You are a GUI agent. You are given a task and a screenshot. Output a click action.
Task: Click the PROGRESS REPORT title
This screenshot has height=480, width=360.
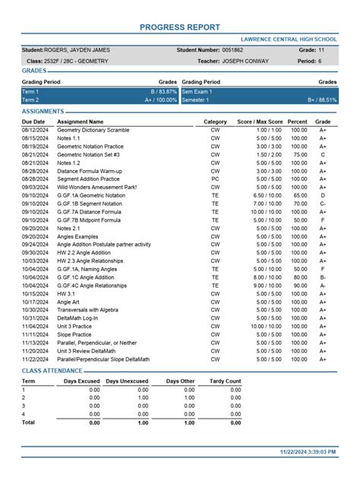tap(180, 27)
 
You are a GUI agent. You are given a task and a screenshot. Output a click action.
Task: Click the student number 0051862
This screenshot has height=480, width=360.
tap(232, 49)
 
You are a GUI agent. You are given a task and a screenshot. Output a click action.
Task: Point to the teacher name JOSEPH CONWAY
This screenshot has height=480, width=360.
tap(245, 61)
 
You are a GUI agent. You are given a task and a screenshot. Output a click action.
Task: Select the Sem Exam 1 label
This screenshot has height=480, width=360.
tap(199, 91)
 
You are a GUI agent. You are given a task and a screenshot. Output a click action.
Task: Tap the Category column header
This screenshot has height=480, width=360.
tap(215, 122)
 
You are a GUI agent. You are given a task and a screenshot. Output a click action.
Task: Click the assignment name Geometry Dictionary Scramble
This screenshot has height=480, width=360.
tap(93, 130)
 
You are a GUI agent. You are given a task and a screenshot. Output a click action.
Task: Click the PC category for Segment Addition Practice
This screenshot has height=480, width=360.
tap(215, 178)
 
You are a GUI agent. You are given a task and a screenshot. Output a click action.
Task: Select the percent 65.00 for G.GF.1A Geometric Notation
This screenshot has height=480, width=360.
tap(298, 195)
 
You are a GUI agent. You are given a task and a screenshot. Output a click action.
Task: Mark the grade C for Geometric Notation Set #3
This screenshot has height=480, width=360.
tap(323, 154)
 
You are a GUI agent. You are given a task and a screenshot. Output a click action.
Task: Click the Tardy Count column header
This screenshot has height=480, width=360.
tap(225, 381)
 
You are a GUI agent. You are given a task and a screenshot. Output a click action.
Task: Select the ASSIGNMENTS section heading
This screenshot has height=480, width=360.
tap(43, 112)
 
